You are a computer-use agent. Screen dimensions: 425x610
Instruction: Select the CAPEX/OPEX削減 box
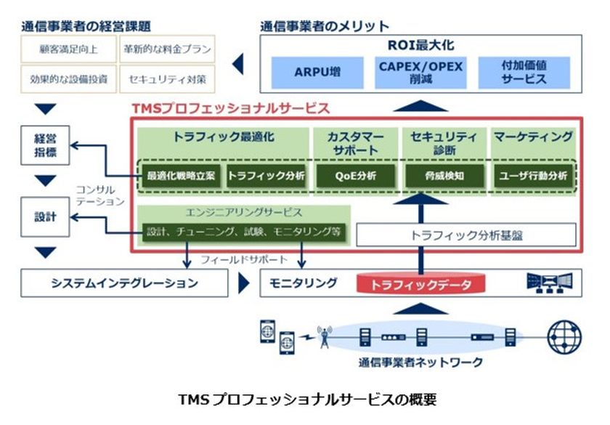pyautogui.click(x=420, y=73)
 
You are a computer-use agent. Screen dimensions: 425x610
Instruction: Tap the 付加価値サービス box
pyautogui.click(x=524, y=73)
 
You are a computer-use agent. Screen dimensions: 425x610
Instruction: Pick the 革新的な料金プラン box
pyautogui.click(x=167, y=49)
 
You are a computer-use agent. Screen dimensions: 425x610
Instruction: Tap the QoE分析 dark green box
pyautogui.click(x=355, y=176)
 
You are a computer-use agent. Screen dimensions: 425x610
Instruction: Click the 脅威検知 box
pyautogui.click(x=444, y=176)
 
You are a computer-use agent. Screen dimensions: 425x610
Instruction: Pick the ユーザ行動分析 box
pyautogui.click(x=534, y=176)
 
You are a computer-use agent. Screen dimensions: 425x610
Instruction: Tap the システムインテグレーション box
pyautogui.click(x=124, y=283)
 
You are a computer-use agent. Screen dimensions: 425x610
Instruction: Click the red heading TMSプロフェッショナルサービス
pyautogui.click(x=230, y=108)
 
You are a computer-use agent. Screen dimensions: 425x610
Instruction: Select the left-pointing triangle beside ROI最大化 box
pyautogui.click(x=237, y=65)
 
